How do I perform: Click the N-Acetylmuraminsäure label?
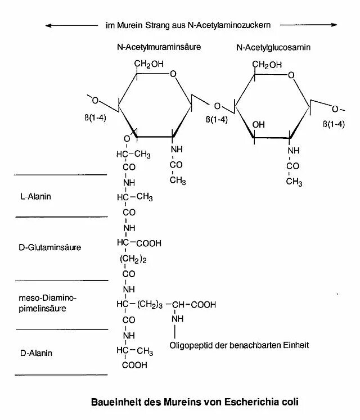click(159, 48)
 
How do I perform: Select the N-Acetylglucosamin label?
click(273, 48)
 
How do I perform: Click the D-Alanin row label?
click(36, 353)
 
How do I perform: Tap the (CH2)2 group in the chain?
click(133, 259)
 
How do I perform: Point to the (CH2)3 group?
click(150, 304)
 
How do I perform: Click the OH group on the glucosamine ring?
click(259, 124)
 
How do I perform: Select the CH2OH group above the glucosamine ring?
click(267, 65)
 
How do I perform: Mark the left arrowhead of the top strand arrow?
click(48, 25)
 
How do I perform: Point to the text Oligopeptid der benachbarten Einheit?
click(240, 345)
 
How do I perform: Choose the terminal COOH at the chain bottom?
click(134, 365)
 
